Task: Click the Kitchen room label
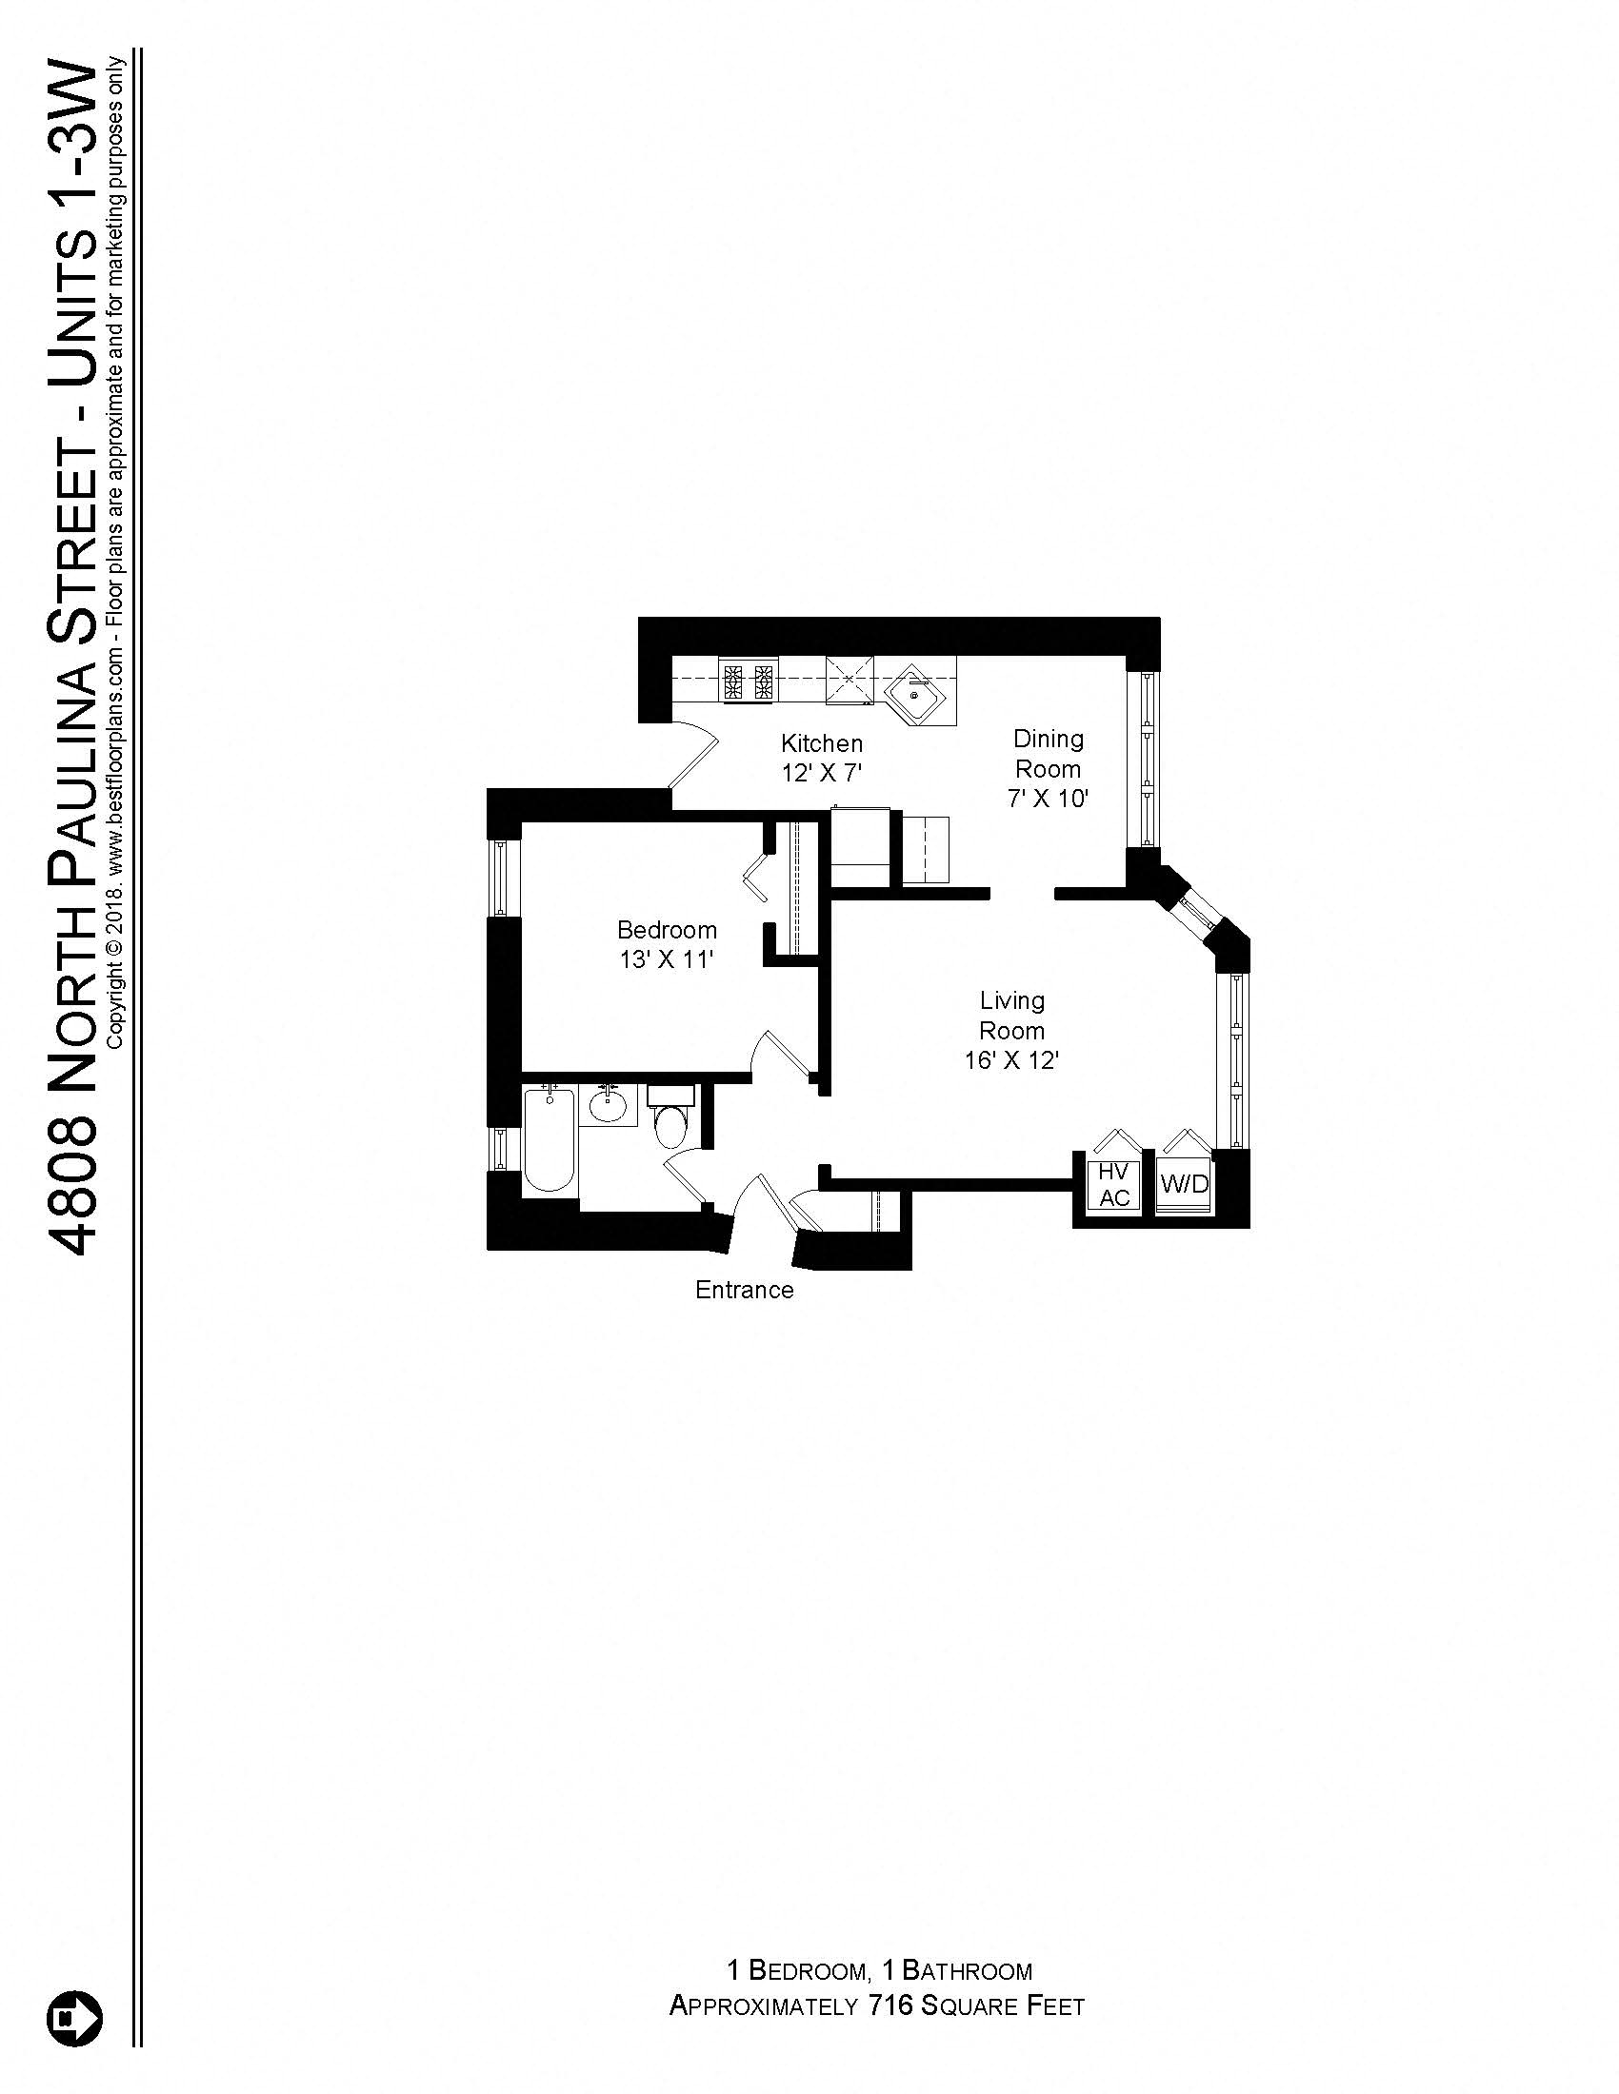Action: (821, 743)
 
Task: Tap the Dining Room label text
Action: (1049, 754)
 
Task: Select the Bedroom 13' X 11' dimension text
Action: (667, 959)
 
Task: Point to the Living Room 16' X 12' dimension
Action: (1011, 1060)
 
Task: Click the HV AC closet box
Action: (1113, 1185)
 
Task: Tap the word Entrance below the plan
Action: (745, 1290)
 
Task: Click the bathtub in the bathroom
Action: (549, 1138)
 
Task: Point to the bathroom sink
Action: (608, 1105)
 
